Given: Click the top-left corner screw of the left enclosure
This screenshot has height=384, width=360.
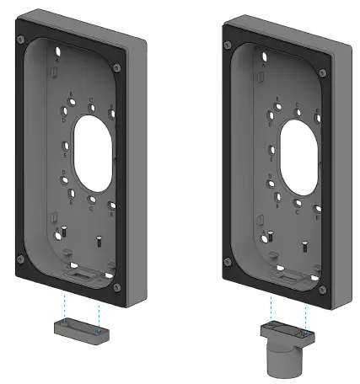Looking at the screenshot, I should [x=20, y=22].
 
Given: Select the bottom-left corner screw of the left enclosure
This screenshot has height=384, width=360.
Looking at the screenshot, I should [x=20, y=258].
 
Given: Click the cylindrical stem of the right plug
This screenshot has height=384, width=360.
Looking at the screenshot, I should [x=282, y=360].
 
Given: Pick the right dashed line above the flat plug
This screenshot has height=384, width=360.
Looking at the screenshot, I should [x=102, y=310].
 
